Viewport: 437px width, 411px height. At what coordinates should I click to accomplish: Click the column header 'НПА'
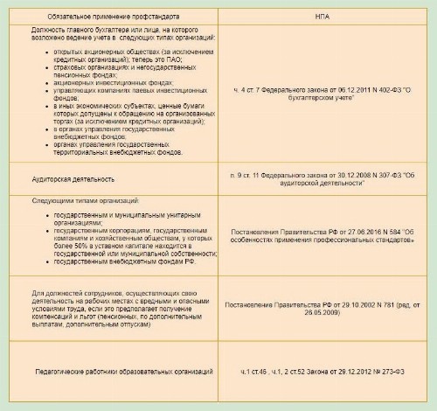click(x=323, y=16)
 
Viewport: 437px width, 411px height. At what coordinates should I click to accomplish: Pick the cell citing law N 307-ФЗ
click(x=323, y=178)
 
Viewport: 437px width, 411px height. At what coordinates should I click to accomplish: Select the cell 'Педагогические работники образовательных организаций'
click(x=125, y=372)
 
